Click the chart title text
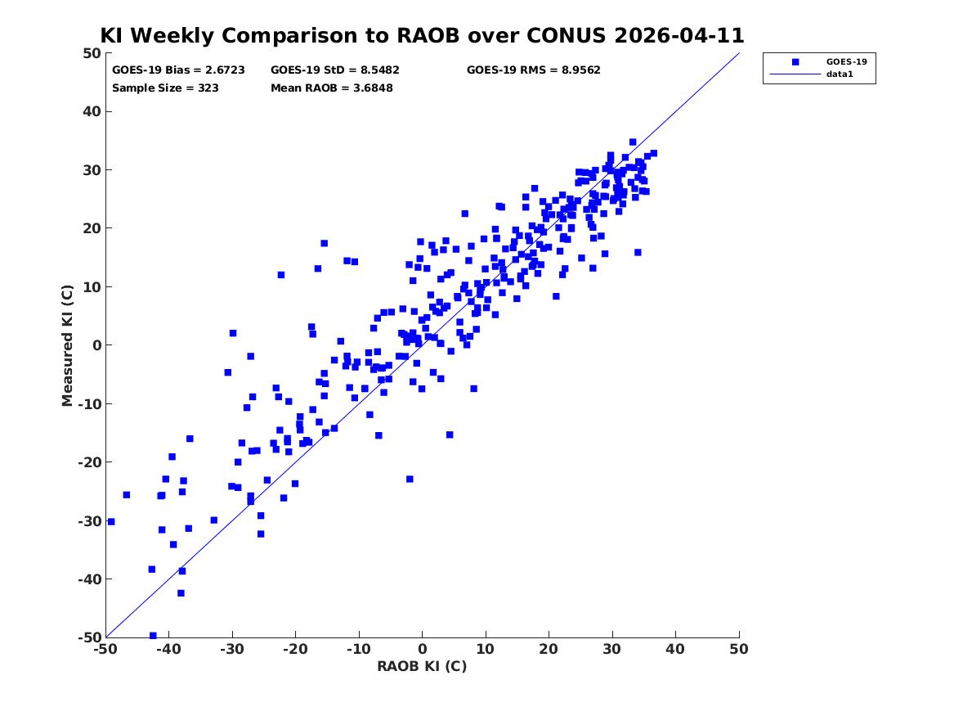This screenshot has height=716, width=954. click(x=422, y=35)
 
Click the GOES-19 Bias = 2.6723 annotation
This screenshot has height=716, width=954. click(x=178, y=70)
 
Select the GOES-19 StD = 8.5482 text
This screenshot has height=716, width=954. click(x=335, y=70)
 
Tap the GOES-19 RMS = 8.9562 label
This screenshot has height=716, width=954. click(x=534, y=70)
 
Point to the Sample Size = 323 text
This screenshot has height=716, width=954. click(x=165, y=88)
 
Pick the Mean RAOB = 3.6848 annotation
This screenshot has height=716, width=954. click(x=332, y=88)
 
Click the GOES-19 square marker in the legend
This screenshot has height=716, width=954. click(x=795, y=61)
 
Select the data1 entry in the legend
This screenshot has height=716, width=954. click(x=840, y=74)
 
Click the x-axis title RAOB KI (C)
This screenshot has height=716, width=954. click(x=422, y=666)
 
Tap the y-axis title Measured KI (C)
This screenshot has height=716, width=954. click(x=67, y=345)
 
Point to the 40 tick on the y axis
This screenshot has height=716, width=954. click(x=92, y=111)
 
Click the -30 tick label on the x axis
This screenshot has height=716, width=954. click(x=232, y=649)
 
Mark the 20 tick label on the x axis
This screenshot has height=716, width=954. click(x=549, y=649)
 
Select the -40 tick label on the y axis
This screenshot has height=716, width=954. click(x=89, y=579)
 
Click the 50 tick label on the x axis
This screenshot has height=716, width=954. click(x=739, y=649)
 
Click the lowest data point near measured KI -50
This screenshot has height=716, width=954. click(x=153, y=636)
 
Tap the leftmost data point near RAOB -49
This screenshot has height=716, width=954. click(x=110, y=522)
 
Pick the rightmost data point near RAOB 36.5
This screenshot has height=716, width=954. click(x=653, y=154)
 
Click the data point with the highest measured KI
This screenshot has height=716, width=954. click(x=633, y=142)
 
